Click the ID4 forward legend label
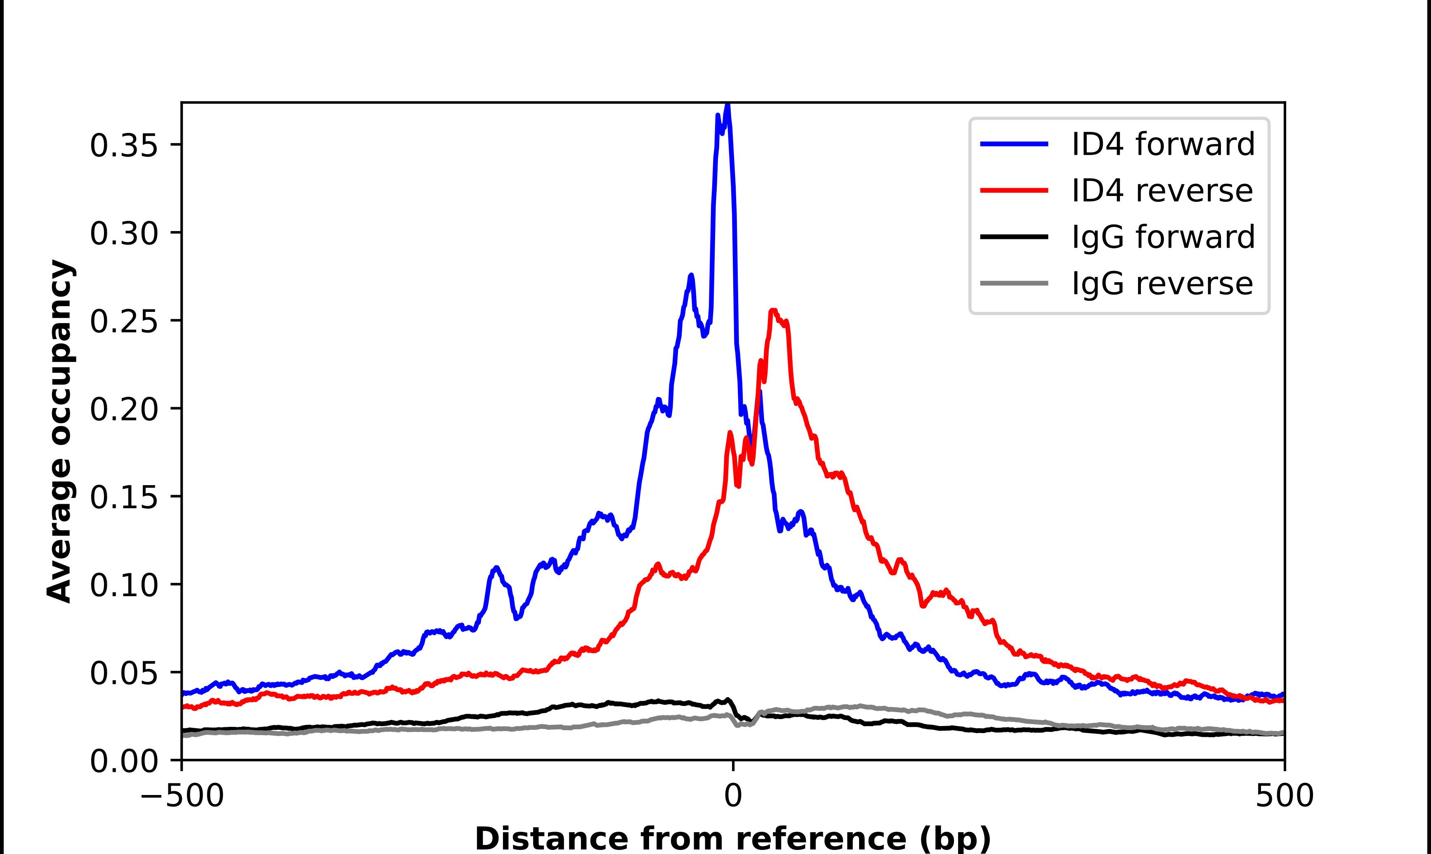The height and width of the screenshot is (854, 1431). coord(1163,144)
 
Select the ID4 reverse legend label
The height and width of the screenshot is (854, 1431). coord(1162,191)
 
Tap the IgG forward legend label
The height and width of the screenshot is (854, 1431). coord(1163,237)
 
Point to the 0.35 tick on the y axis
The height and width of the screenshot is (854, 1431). coord(124,145)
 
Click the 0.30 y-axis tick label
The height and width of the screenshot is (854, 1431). coord(124,233)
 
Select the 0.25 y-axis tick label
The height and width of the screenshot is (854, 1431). coord(124,321)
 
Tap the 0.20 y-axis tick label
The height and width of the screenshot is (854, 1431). coord(124,409)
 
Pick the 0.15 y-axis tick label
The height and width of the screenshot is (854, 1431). coord(124,497)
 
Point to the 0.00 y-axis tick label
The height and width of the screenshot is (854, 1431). coord(124,761)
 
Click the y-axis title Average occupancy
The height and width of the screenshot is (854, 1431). coord(60,432)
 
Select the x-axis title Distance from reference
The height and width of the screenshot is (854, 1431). coord(732,838)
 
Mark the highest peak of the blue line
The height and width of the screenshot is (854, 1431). coord(728,105)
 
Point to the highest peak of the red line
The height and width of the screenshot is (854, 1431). coord(773,311)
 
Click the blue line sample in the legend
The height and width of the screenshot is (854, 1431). coord(1014,144)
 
